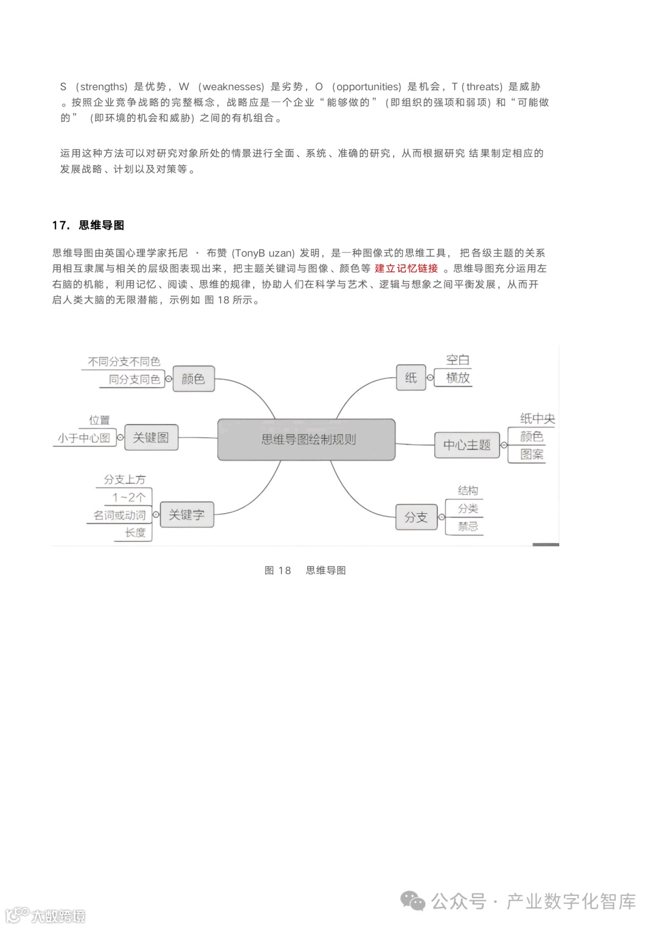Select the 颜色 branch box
pyautogui.click(x=193, y=379)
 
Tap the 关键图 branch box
pyautogui.click(x=151, y=437)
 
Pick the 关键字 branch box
pyautogui.click(x=186, y=514)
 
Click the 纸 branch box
pyautogui.click(x=411, y=378)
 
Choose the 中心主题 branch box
pyautogui.click(x=467, y=445)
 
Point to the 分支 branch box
pyautogui.click(x=416, y=517)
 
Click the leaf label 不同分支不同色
pyautogui.click(x=124, y=362)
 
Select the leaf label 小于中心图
pyautogui.click(x=84, y=438)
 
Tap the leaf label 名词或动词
pyautogui.click(x=119, y=515)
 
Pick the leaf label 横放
pyautogui.click(x=458, y=378)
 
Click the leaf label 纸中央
pyautogui.click(x=537, y=418)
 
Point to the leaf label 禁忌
pyautogui.click(x=468, y=526)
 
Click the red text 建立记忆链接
pyautogui.click(x=406, y=268)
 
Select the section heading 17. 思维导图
pyautogui.click(x=88, y=225)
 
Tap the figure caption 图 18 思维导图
pyautogui.click(x=305, y=570)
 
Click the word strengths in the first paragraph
pyautogui.click(x=103, y=86)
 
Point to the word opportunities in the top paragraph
pyautogui.click(x=369, y=86)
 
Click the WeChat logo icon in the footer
pyautogui.click(x=414, y=901)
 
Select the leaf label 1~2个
pyautogui.click(x=128, y=497)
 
